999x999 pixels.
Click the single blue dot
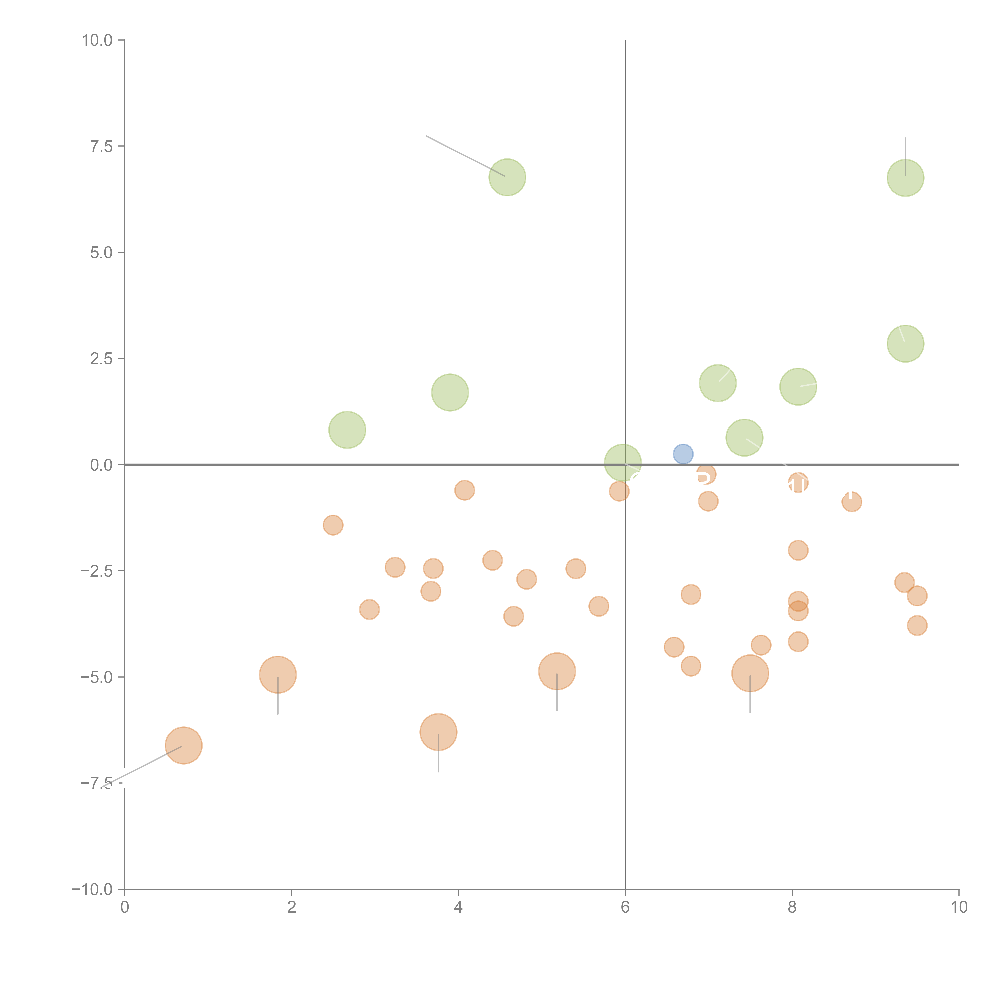click(683, 454)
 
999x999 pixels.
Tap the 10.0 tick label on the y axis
click(97, 40)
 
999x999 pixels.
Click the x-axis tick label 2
click(292, 907)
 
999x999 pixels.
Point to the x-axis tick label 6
click(625, 907)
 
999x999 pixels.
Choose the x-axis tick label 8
click(792, 907)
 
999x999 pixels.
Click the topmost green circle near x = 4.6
click(507, 177)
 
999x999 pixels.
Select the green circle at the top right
click(905, 178)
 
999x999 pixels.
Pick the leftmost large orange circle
click(184, 745)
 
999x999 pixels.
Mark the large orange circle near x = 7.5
click(750, 673)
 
